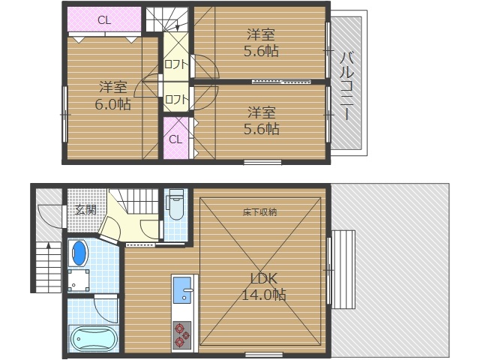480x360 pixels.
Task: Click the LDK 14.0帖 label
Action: (x=264, y=286)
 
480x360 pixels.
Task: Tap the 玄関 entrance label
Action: (x=85, y=210)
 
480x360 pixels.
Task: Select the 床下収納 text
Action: (x=260, y=212)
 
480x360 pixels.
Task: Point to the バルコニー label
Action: (x=346, y=86)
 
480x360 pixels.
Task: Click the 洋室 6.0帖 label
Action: (x=112, y=96)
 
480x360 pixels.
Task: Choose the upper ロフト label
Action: (x=175, y=64)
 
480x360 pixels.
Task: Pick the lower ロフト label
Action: (x=175, y=100)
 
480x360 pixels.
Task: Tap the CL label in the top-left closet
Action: (x=104, y=20)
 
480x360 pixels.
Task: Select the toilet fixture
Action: (x=175, y=204)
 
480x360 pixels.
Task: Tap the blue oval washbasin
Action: (x=79, y=253)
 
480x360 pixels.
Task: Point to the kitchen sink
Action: (x=183, y=289)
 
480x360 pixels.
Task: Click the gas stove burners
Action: (x=181, y=335)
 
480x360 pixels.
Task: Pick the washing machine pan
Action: (x=79, y=280)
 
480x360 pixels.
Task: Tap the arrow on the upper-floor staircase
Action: (x=177, y=24)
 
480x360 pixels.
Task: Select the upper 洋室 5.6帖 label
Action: (x=261, y=43)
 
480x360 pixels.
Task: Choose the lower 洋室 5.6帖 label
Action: (x=261, y=121)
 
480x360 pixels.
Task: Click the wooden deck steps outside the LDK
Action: (x=343, y=270)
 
